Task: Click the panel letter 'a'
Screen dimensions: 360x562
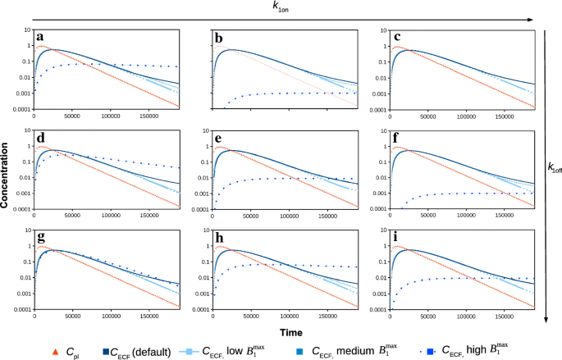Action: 39,38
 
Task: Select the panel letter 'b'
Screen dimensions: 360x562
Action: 217,38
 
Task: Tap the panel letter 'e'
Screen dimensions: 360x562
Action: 217,138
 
